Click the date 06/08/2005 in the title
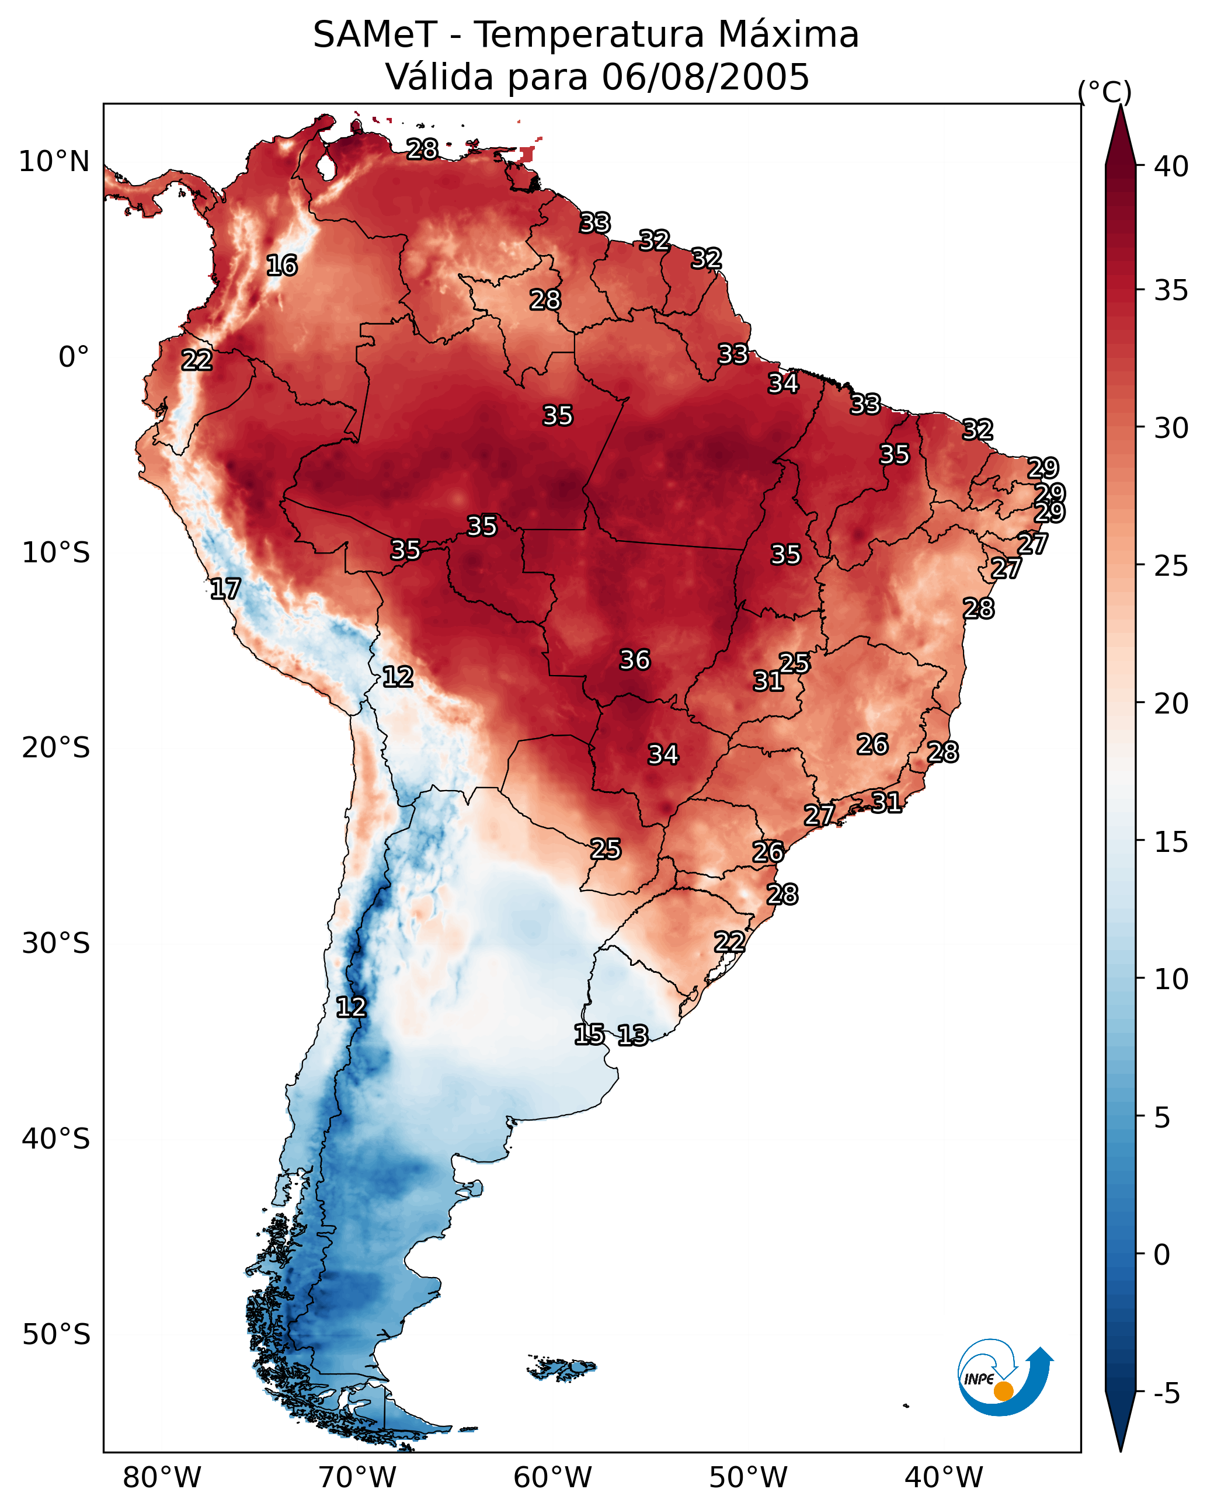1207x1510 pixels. click(x=705, y=77)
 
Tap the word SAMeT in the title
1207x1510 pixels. click(x=375, y=35)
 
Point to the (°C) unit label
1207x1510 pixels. click(x=1105, y=92)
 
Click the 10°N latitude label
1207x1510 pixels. click(x=54, y=162)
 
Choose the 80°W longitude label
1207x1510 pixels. click(x=162, y=1478)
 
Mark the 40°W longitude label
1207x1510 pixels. click(x=944, y=1478)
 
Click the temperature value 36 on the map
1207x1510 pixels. click(x=635, y=660)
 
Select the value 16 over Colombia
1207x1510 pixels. click(x=281, y=266)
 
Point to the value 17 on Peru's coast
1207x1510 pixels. click(x=225, y=589)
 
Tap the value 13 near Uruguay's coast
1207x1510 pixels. click(x=632, y=1035)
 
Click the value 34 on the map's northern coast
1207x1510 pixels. click(x=782, y=383)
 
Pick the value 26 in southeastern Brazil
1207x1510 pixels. click(x=872, y=744)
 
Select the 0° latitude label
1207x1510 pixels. click(x=74, y=357)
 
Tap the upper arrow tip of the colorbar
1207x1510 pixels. click(x=1120, y=109)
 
